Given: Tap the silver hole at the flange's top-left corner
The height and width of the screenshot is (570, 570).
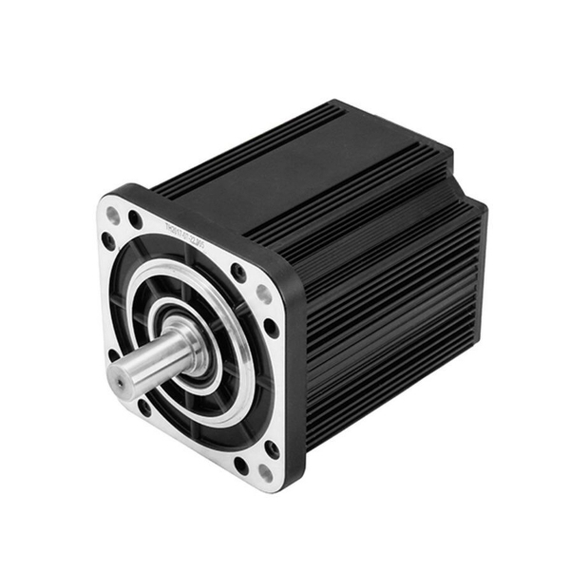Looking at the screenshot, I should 114,216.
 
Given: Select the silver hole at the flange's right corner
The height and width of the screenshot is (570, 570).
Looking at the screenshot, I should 263,295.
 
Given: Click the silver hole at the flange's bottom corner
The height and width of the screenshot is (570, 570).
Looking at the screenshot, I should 263,472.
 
